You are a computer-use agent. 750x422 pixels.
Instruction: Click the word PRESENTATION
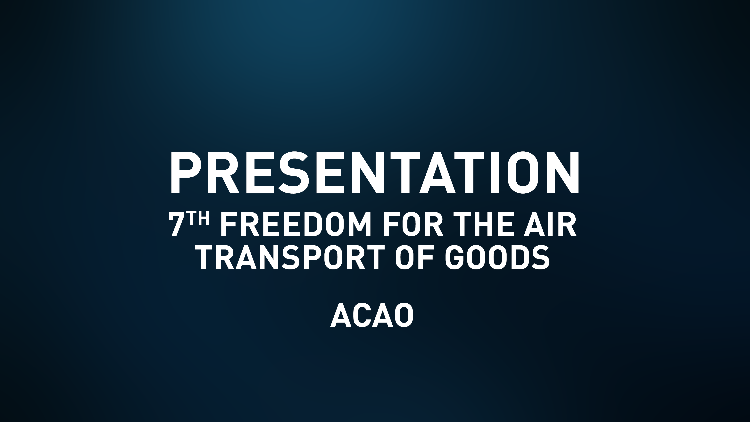click(x=374, y=172)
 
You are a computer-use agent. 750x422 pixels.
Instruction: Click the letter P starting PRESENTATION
click(x=185, y=172)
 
